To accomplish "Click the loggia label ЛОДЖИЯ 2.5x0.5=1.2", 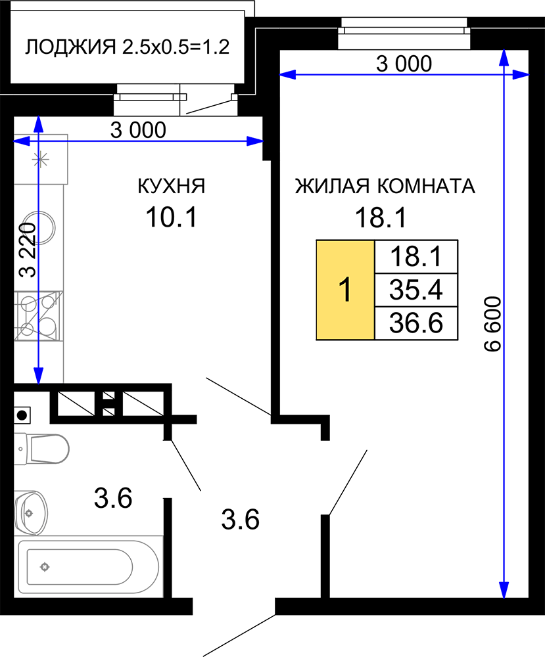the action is coord(128,47).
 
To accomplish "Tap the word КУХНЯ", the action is coord(172,187).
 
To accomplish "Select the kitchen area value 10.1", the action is coord(172,217).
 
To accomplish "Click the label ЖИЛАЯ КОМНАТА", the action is coord(385,187).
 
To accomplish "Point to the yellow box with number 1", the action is coord(345,290).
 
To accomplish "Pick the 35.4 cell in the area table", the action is coord(416,290).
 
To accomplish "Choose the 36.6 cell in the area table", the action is coord(416,323).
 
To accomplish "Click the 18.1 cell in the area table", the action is coord(416,256).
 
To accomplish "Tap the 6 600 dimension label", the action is coord(492,324).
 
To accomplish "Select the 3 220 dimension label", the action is coord(28,250).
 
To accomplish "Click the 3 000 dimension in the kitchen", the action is coord(138,130).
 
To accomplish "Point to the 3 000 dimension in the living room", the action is coord(404,64).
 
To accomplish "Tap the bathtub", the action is coord(89,566).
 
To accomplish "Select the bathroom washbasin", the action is coord(31,513).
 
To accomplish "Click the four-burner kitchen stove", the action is coord(38,316).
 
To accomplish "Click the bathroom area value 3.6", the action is coord(113,498).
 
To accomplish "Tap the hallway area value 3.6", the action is coord(240,520).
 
